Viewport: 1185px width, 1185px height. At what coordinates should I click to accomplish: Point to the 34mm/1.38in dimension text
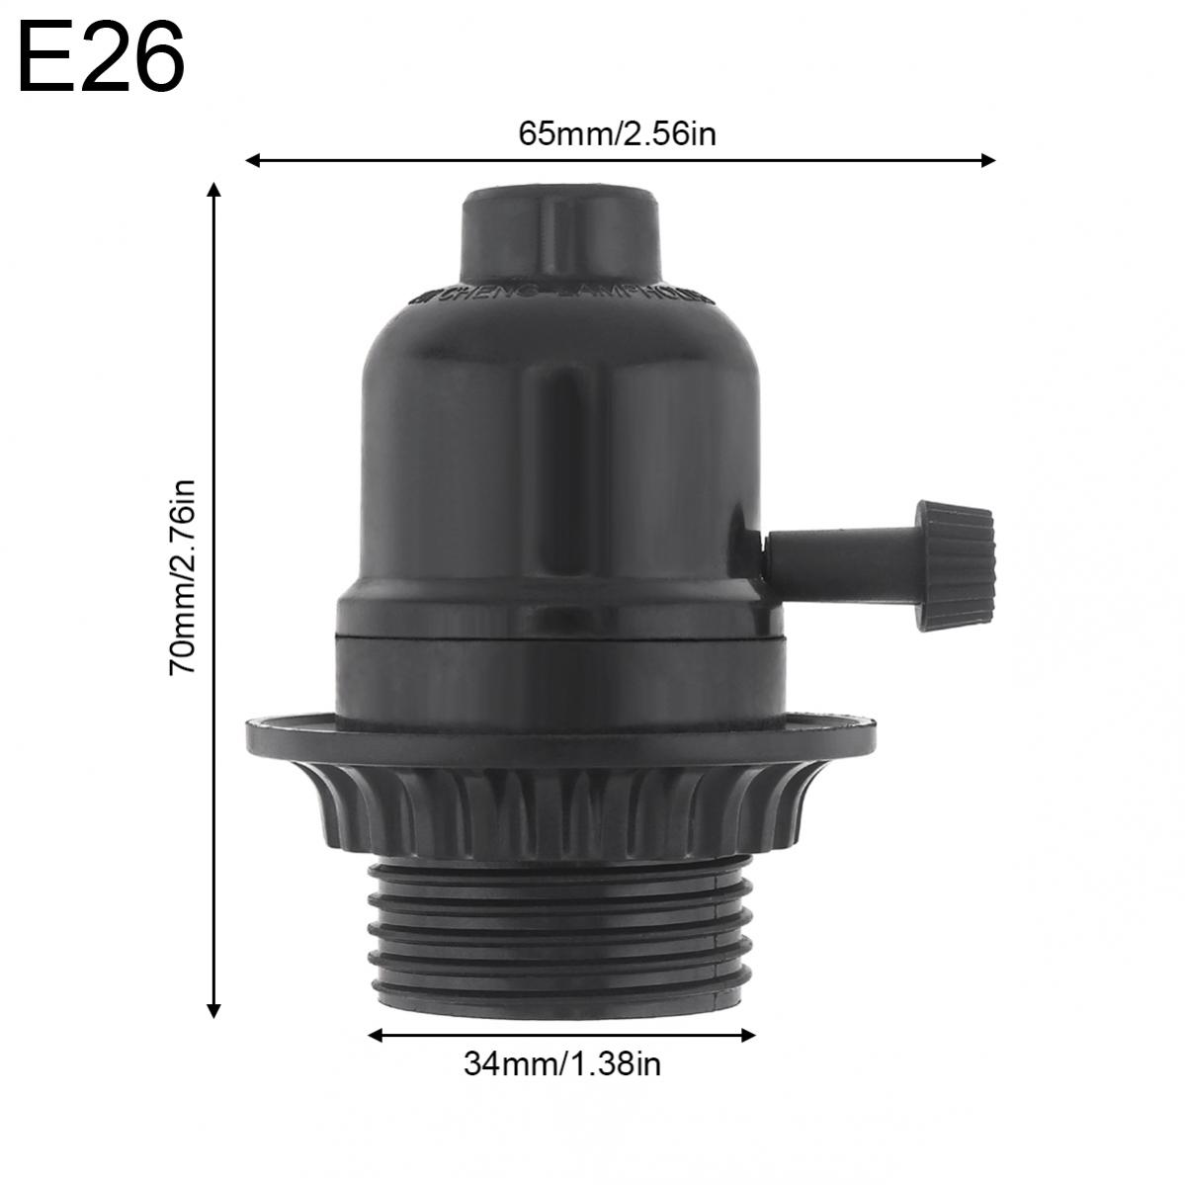coord(562,1064)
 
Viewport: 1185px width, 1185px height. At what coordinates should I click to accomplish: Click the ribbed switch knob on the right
coord(955,564)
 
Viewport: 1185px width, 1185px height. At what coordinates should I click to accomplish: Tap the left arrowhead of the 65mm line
coord(253,160)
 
